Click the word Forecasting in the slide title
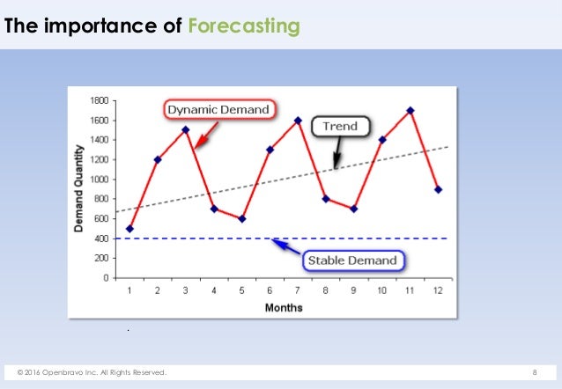pos(244,26)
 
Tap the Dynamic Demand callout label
pos(219,110)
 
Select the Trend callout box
pos(340,126)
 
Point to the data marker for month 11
pos(410,111)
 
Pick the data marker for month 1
pos(130,229)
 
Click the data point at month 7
pos(298,121)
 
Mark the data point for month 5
pos(242,219)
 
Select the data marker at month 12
pos(439,189)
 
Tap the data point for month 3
pos(186,130)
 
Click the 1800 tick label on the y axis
pos(98,100)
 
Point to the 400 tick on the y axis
pos(100,239)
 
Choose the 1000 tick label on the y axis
pos(98,180)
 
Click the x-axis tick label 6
pos(270,290)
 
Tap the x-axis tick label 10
pos(382,290)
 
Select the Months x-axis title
pos(284,307)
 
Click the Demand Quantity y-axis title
pos(79,189)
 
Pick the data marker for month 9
pos(354,209)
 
